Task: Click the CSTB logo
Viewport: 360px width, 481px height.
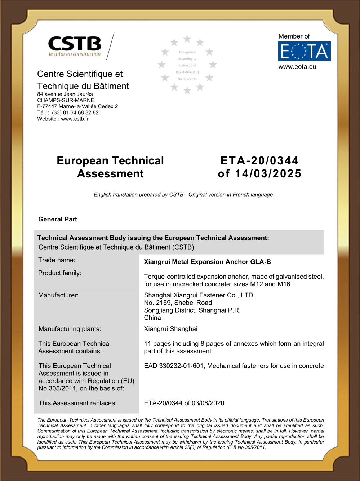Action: (75, 46)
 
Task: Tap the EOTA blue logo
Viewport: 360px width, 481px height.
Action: (304, 51)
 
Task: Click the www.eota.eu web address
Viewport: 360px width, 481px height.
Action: (297, 67)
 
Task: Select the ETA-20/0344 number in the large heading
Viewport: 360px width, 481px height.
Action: (259, 161)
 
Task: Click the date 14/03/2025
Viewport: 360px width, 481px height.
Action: (268, 174)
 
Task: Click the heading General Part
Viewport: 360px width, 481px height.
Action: (58, 219)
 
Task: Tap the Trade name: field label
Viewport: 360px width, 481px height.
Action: (57, 260)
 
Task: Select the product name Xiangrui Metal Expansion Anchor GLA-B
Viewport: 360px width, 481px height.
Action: (207, 262)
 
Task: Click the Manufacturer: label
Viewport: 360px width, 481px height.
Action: (58, 295)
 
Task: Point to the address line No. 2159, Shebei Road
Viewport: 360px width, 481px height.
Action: (178, 303)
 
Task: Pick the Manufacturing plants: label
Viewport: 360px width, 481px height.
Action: (70, 329)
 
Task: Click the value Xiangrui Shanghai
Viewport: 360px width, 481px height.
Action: (170, 329)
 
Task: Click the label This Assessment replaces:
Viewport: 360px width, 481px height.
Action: (77, 403)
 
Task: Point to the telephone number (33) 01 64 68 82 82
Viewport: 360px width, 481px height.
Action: (75, 112)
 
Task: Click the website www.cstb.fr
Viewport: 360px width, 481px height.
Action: (75, 119)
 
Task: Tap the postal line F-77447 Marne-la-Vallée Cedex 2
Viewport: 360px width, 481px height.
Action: (77, 106)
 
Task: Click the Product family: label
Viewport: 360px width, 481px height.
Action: (60, 273)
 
